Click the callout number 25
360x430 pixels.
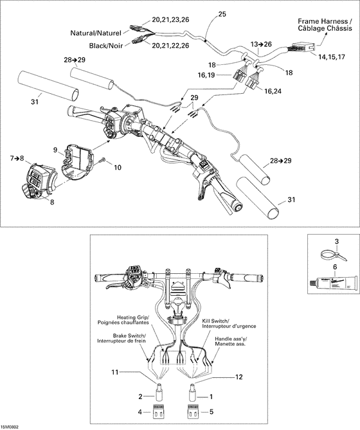pyautogui.click(x=222, y=13)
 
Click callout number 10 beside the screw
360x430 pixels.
pyautogui.click(x=117, y=168)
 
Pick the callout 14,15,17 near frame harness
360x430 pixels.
pyautogui.click(x=334, y=57)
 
